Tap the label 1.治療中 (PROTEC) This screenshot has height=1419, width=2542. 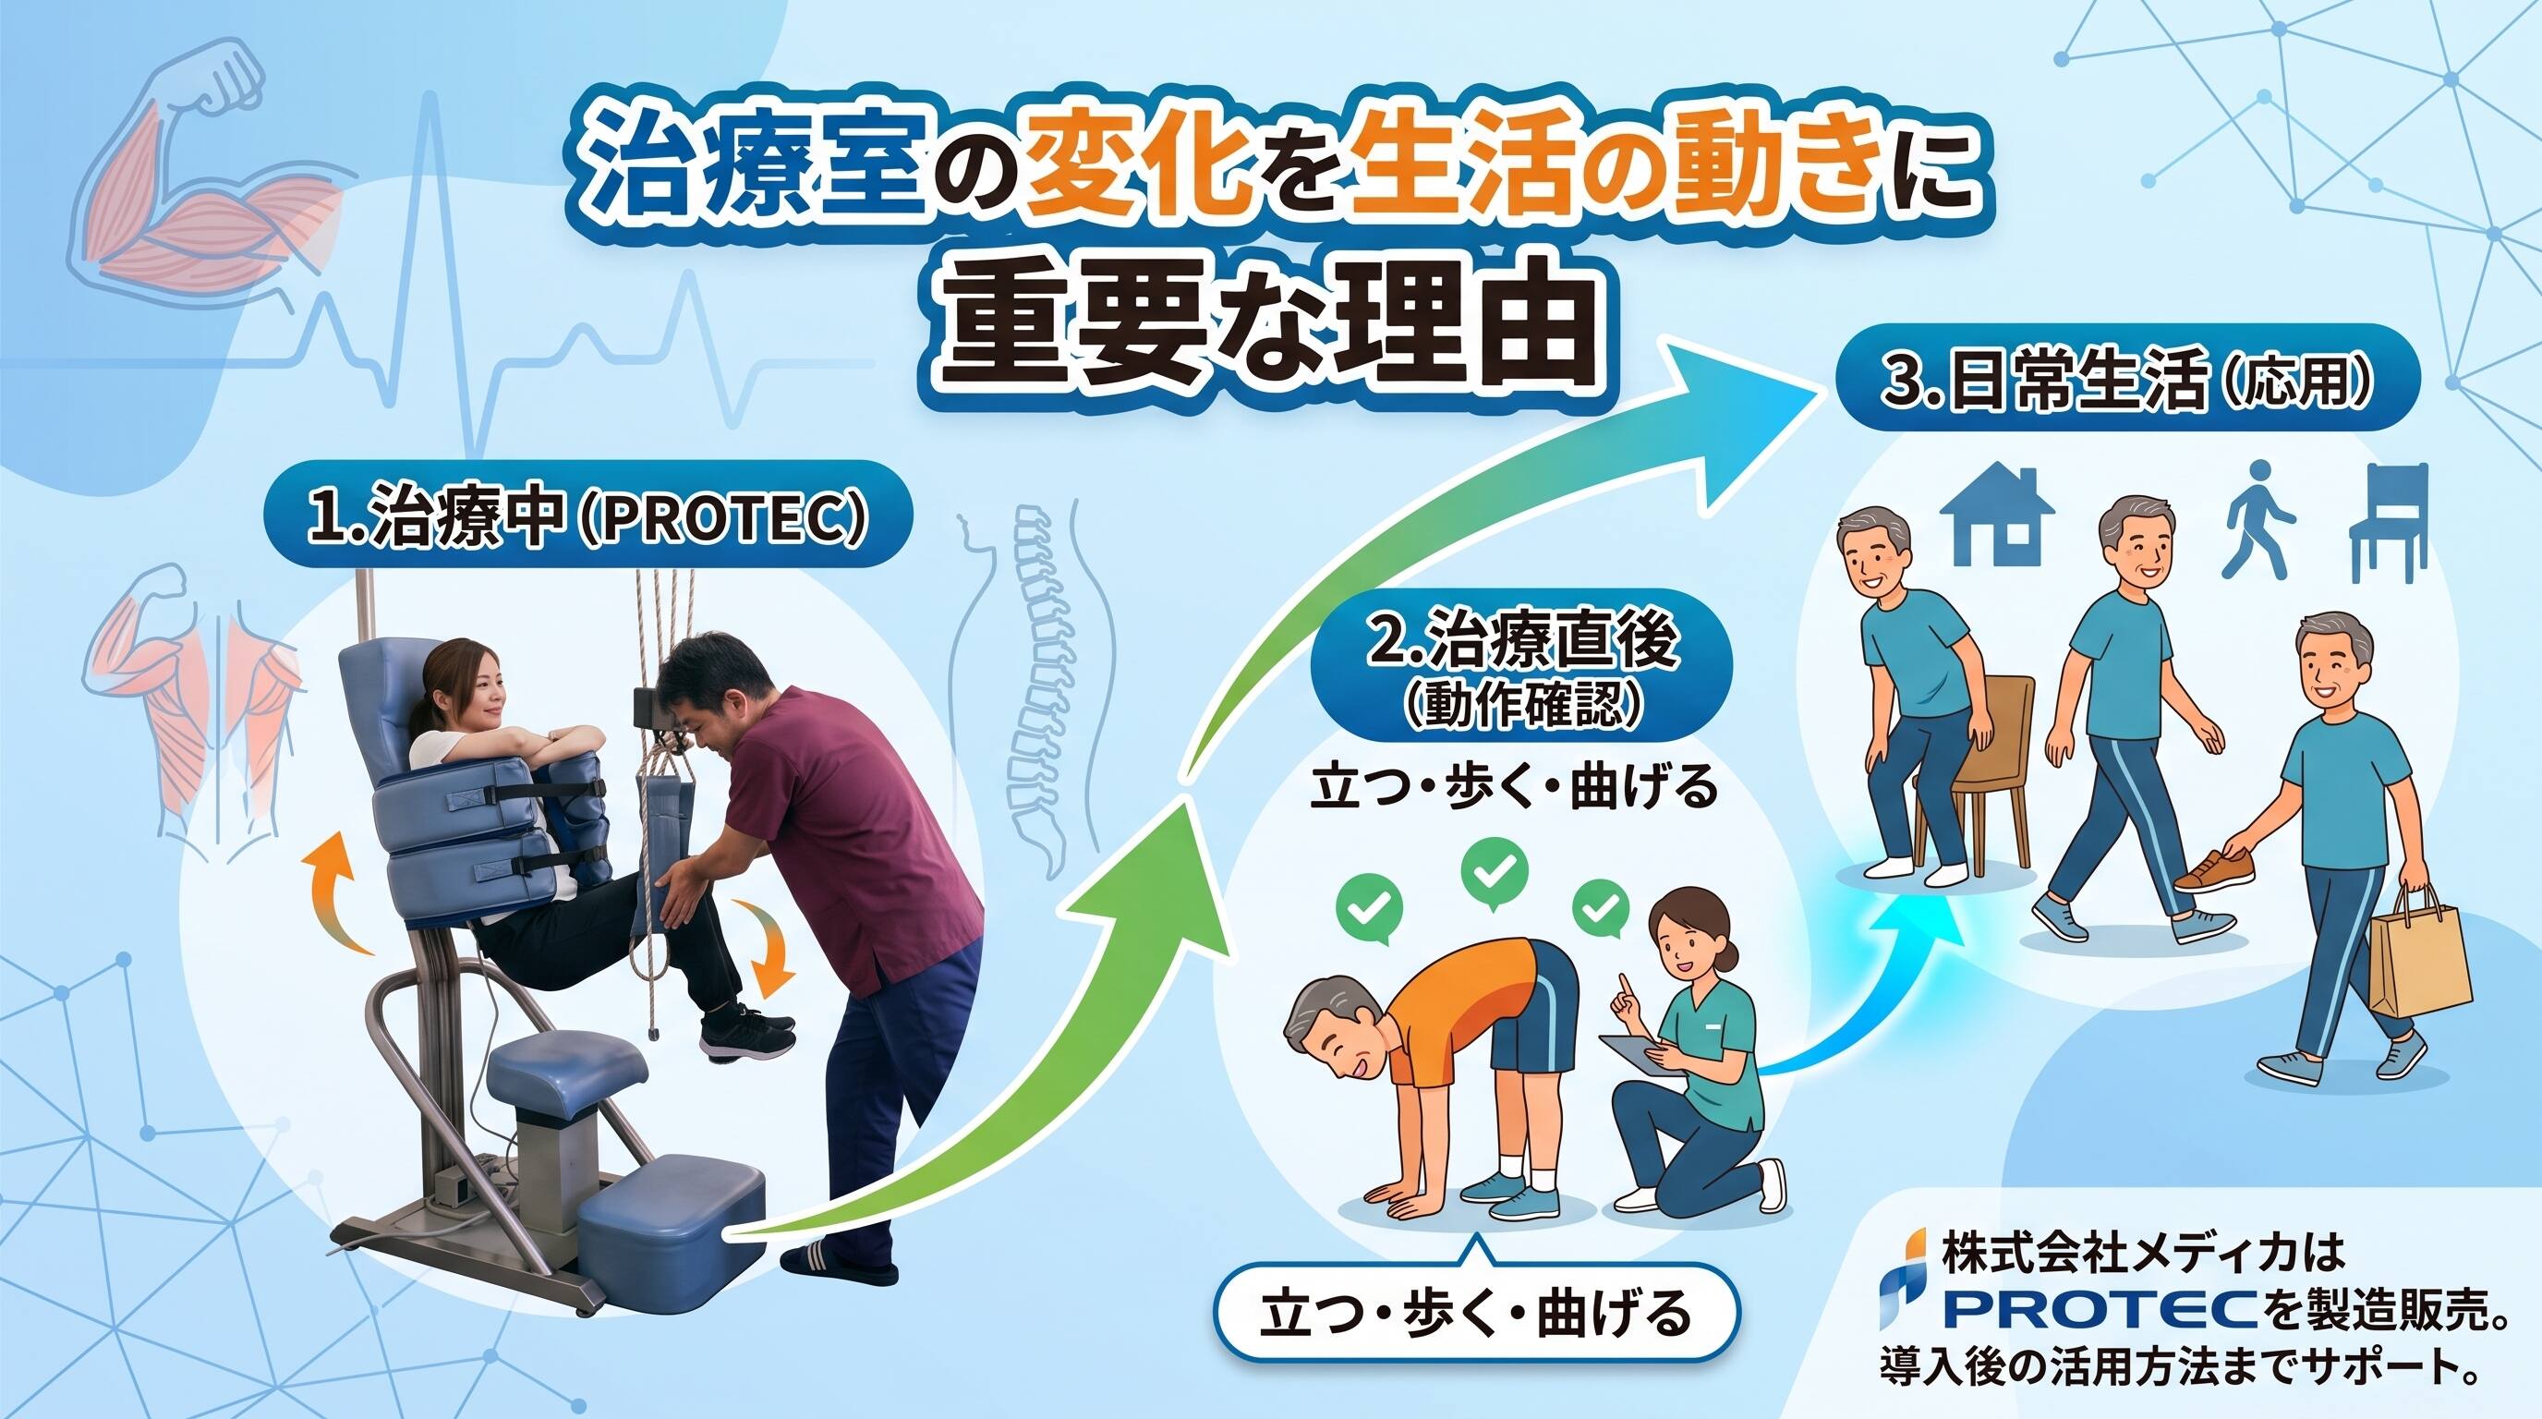587,515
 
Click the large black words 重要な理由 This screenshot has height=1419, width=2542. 1266,330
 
